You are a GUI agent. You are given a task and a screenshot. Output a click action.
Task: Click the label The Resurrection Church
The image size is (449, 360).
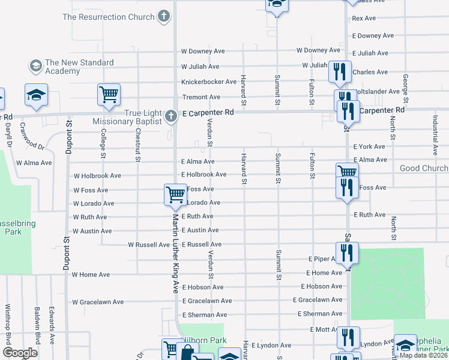pyautogui.click(x=108, y=17)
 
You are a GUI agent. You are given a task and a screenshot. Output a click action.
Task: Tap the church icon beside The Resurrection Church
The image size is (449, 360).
pyautogui.click(x=164, y=17)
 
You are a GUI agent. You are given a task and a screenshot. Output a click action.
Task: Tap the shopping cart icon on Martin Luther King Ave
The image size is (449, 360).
pyautogui.click(x=175, y=194)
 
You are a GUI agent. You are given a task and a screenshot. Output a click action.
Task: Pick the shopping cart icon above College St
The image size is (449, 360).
pyautogui.click(x=109, y=94)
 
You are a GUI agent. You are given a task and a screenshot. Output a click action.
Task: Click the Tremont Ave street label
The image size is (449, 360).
pyautogui.click(x=201, y=97)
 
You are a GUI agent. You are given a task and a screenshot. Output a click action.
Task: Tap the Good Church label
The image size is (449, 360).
pyautogui.click(x=424, y=169)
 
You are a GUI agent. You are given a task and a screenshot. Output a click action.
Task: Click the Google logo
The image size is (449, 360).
pyautogui.click(x=20, y=352)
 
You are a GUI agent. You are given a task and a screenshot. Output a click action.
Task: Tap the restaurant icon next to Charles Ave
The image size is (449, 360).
pyautogui.click(x=340, y=72)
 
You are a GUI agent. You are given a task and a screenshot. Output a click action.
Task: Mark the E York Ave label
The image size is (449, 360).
pyautogui.click(x=369, y=146)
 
